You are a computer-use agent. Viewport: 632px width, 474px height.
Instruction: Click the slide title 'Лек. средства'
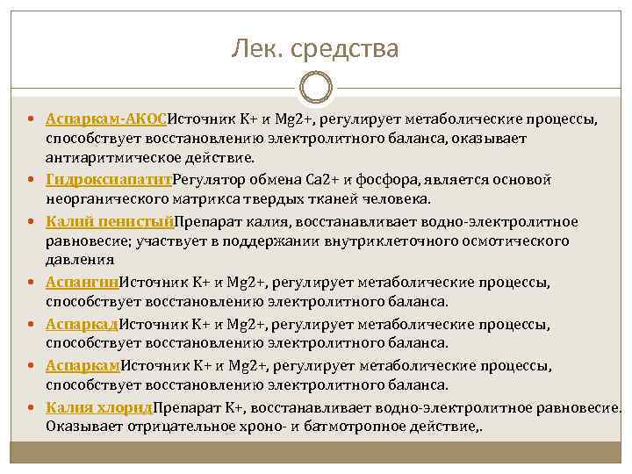coord(315,48)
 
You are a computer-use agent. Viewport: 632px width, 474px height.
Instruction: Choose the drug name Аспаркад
coord(82,324)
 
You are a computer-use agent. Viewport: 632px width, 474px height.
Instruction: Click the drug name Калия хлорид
coord(99,406)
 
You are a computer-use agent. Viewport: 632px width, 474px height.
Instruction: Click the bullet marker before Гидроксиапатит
coord(32,180)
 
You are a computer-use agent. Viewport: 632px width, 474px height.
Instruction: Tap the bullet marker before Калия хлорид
coord(32,407)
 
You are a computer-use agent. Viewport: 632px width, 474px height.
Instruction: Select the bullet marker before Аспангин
coord(32,283)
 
